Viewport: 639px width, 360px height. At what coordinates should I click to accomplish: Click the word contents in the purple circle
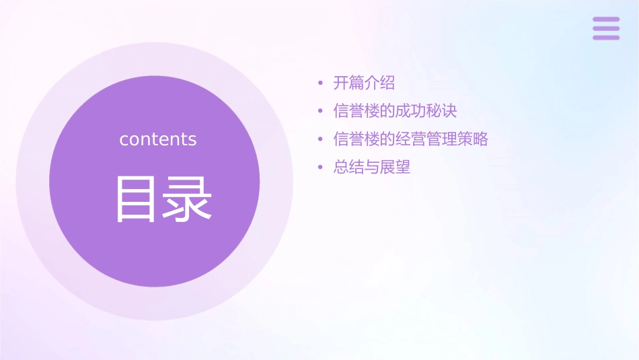pos(158,139)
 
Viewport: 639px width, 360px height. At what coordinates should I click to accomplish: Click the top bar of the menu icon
pos(606,20)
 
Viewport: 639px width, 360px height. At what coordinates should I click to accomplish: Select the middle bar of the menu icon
pos(606,28)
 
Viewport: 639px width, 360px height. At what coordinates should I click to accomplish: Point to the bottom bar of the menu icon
pos(606,37)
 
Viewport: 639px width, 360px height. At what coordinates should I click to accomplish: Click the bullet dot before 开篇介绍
pos(321,83)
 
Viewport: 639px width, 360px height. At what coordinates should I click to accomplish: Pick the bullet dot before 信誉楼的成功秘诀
pos(321,111)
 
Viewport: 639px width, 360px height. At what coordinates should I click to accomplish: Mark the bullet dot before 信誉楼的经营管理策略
pos(321,139)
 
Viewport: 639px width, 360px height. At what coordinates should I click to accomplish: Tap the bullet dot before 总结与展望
pos(321,168)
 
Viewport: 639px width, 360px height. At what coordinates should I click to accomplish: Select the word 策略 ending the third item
pos(473,139)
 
